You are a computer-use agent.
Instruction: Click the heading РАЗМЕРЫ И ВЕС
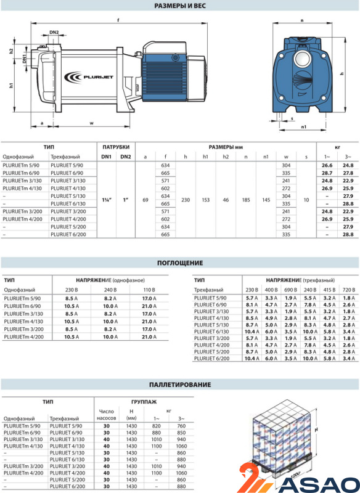[x=180, y=6]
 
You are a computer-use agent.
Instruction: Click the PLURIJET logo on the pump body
[x=88, y=76]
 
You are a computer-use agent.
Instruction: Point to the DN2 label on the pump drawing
[x=54, y=33]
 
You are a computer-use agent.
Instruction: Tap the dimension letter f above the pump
[x=118, y=20]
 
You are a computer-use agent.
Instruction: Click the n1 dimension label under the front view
[x=303, y=127]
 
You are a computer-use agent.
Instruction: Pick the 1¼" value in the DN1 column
[x=107, y=200]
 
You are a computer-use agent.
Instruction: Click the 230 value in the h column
[x=186, y=200]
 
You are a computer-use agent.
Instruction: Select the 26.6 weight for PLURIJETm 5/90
[x=327, y=165]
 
